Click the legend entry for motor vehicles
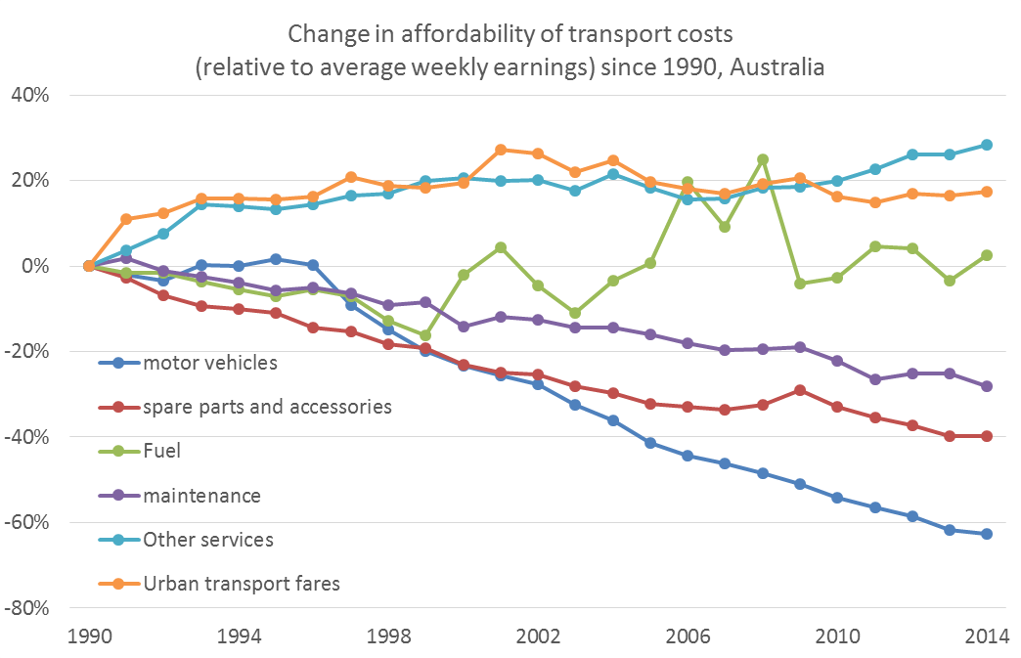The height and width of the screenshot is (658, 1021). (210, 363)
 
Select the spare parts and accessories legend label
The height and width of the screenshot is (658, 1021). (267, 407)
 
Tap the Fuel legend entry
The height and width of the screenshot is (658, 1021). (163, 452)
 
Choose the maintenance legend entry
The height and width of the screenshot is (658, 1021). (201, 496)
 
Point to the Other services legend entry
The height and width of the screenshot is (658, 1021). (208, 540)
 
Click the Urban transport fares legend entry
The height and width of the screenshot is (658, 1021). (242, 584)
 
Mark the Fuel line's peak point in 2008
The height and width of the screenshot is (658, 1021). (762, 159)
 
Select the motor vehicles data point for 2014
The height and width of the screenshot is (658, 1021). (987, 534)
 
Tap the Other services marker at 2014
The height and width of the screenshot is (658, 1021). (987, 145)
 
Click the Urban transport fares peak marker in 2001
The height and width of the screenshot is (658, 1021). (500, 150)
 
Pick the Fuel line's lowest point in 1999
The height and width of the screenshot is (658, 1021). (425, 335)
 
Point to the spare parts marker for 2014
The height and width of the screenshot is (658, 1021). (987, 436)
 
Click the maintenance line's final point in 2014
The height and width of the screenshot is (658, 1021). (987, 386)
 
